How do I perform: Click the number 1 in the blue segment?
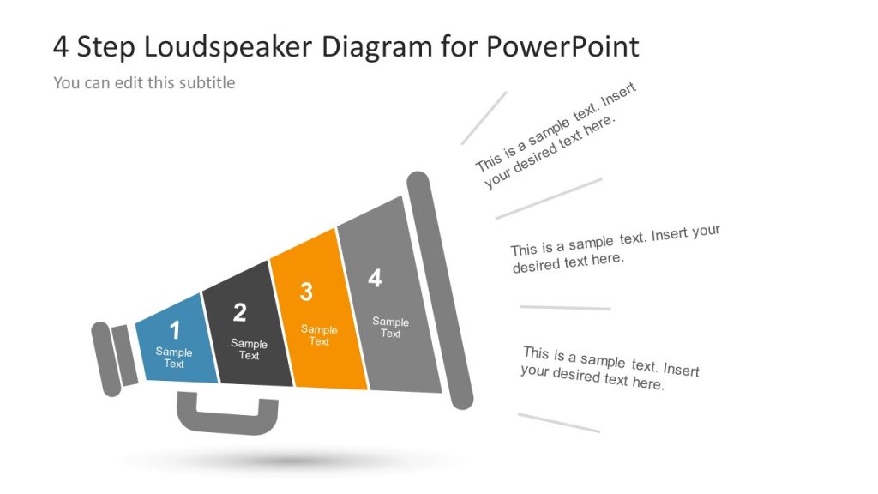pos(175,330)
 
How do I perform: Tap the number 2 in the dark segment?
pos(239,313)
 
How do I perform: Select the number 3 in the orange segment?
pos(306,292)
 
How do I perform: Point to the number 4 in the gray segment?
pos(375,278)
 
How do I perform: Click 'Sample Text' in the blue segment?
pos(174,358)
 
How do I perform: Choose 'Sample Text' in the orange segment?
pos(319,335)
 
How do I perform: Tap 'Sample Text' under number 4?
pos(390,328)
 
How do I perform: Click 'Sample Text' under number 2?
pos(249,350)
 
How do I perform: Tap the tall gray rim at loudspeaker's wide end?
pos(439,290)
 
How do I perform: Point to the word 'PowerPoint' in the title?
pos(562,46)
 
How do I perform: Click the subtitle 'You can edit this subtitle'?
pos(144,83)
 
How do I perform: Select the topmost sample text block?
pos(556,137)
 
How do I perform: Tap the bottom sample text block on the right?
pos(610,369)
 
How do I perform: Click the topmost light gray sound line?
pos(484,117)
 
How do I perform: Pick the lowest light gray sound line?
pos(559,423)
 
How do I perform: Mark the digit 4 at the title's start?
pos(61,46)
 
